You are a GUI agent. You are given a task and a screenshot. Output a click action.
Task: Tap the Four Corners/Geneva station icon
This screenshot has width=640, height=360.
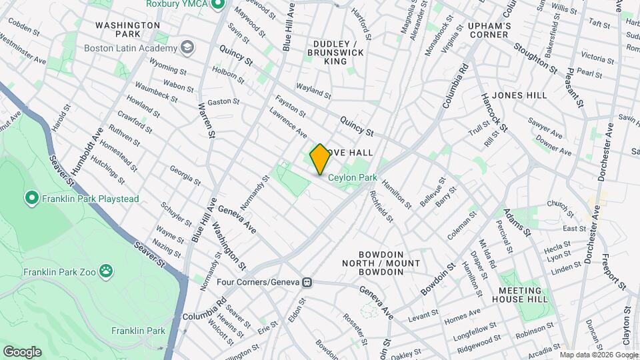(x=307, y=282)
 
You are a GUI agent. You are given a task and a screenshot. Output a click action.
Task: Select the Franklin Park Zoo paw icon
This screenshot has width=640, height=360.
(x=105, y=271)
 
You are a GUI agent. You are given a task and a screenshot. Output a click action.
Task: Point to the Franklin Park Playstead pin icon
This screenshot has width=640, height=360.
(x=31, y=198)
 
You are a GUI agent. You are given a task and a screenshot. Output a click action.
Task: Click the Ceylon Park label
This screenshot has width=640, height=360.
(x=353, y=177)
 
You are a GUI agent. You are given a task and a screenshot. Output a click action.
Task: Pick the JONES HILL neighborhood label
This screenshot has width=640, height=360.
(x=521, y=95)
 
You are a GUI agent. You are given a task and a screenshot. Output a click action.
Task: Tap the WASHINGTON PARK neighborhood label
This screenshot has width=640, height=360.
(x=127, y=29)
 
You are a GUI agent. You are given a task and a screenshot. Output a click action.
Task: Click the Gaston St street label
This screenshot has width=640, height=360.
(x=223, y=101)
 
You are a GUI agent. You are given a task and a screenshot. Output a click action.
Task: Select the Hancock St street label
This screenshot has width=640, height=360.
(x=494, y=110)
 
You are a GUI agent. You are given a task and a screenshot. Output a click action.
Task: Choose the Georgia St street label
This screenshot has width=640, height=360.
(x=185, y=174)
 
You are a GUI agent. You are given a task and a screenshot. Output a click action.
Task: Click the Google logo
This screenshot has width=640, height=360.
(x=22, y=351)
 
